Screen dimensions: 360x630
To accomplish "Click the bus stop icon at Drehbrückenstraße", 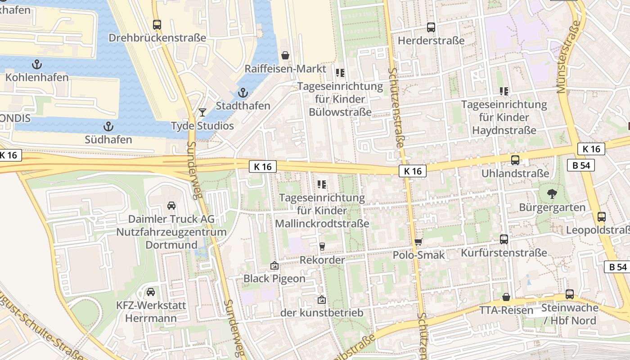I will pos(157,25).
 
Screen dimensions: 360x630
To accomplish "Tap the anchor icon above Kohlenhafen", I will pos(37,64).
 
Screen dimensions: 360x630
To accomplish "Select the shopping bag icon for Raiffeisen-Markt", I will pos(285,55).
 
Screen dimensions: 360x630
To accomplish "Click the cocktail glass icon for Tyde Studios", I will pos(202,112).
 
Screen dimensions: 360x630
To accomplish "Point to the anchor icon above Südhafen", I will pos(108,126).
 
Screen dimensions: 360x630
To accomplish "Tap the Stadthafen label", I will pos(243,106).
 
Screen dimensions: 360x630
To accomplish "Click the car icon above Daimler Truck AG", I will pos(171,206).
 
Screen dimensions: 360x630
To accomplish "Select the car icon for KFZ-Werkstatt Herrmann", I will pos(151,292).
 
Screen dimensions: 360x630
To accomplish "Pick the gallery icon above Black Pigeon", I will pos(274,265).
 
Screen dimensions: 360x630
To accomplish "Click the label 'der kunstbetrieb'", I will pos(321,312).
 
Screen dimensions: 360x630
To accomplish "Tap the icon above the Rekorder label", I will pos(322,246).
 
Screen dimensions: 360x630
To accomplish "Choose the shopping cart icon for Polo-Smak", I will pos(418,242).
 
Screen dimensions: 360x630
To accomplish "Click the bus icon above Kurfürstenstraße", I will pos(504,239).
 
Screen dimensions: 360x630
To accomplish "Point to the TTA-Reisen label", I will pos(506,310).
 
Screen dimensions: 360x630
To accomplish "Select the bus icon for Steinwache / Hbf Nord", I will pos(570,294).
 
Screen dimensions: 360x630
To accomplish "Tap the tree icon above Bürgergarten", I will pos(552,194).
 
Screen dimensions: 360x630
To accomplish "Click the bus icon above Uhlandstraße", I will pos(515,160).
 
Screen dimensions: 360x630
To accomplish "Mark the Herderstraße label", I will pos(431,40).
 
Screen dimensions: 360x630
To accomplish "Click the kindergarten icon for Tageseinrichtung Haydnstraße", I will pos(504,91).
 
